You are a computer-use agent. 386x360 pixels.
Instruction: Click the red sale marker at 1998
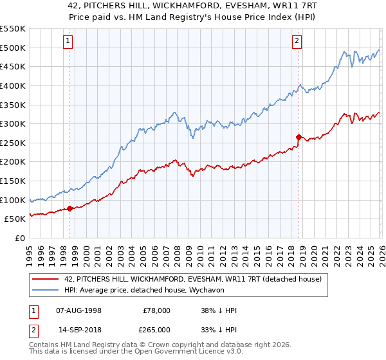point(69,208)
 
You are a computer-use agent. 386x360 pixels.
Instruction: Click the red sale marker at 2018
point(299,136)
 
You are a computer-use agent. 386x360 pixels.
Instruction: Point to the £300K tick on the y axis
point(13,123)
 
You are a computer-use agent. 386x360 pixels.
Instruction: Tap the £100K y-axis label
point(13,200)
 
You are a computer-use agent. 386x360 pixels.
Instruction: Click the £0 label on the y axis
point(19,238)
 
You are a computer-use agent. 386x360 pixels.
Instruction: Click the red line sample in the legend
point(44,280)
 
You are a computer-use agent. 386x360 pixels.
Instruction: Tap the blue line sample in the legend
point(44,291)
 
